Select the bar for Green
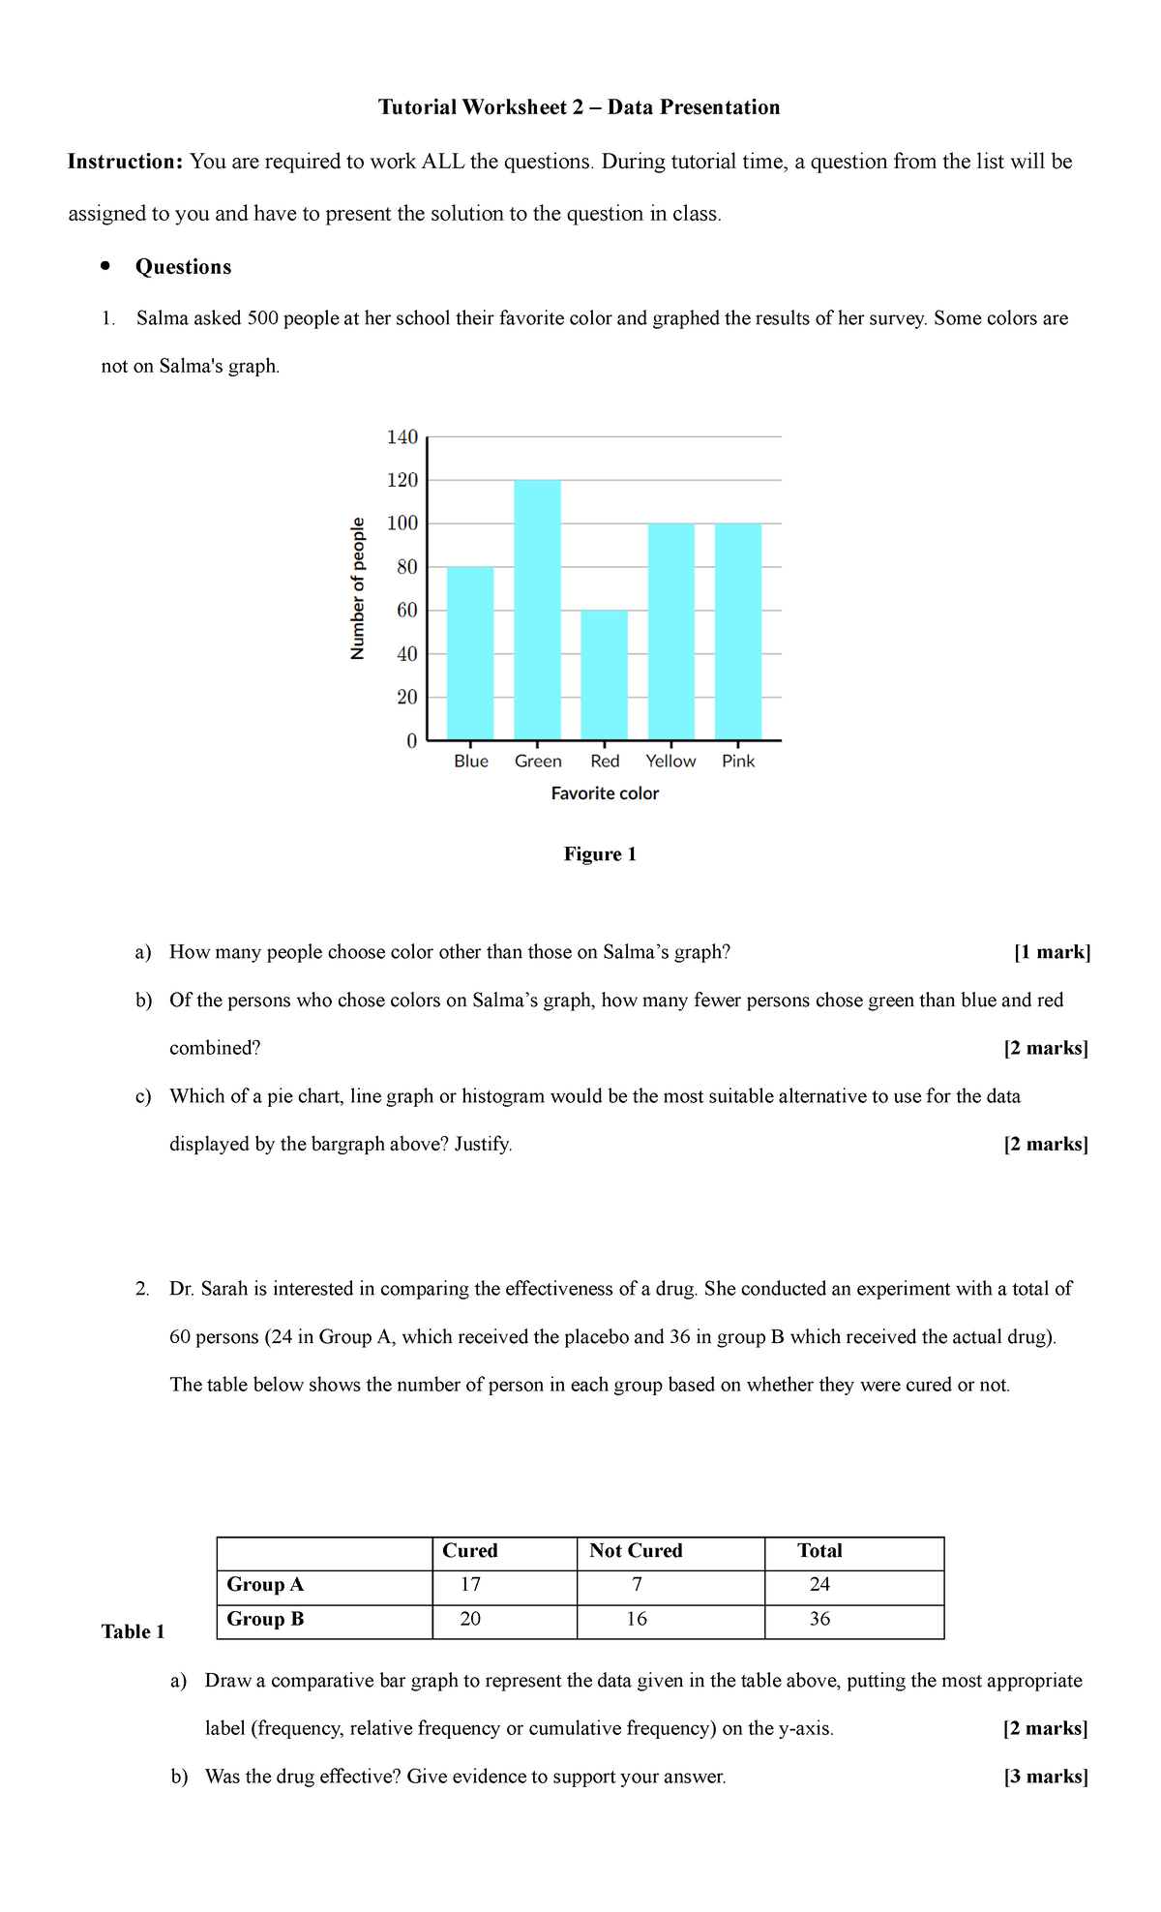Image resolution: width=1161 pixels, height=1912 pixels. (x=537, y=610)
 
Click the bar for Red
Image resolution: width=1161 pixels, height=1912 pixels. (x=604, y=675)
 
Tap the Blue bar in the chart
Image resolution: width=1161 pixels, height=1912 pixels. (x=470, y=653)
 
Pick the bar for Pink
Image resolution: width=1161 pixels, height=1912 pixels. (x=738, y=632)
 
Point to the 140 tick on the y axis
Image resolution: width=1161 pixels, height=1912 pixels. (x=402, y=437)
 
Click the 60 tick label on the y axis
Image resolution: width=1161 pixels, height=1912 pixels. (x=406, y=611)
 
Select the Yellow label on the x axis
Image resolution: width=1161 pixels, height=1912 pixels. (x=670, y=762)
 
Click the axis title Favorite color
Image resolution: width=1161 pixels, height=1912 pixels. (x=605, y=793)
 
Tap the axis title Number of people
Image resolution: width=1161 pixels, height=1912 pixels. (x=358, y=588)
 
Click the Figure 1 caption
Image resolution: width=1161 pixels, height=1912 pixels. (x=600, y=854)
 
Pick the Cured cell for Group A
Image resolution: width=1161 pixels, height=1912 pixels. (x=470, y=1585)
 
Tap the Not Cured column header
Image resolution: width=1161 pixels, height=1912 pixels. (x=636, y=1551)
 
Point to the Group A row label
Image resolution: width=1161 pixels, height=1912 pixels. (x=265, y=1585)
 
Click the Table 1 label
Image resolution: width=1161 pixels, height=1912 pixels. (x=133, y=1632)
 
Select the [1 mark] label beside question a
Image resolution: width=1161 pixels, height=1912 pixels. (x=1052, y=952)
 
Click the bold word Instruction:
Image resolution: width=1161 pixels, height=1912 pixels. (x=125, y=162)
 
